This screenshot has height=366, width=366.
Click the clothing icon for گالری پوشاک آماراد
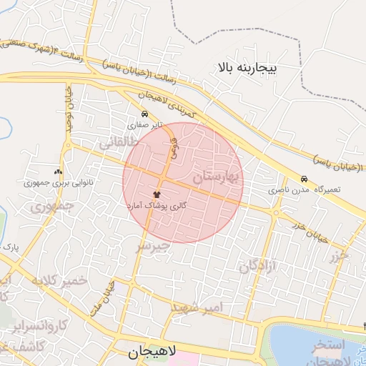click(157, 194)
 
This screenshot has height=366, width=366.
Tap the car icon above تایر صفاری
click(146, 114)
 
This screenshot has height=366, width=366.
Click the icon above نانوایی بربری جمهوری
click(59, 172)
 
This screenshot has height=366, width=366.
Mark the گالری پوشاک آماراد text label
click(157, 205)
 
